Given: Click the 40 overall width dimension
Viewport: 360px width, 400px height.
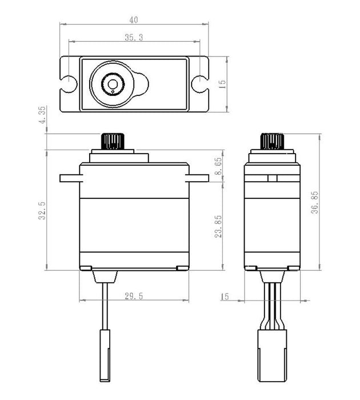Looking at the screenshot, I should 134,20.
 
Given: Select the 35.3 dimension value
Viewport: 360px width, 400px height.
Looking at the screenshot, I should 134,37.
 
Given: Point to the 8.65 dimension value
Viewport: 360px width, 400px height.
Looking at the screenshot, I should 219,166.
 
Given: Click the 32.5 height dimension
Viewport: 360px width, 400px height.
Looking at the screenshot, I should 42,209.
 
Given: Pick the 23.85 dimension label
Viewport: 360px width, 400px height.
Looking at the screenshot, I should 219,226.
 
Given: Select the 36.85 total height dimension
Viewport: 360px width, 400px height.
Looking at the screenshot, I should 315,202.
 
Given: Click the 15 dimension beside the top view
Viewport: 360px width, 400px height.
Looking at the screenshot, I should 222,83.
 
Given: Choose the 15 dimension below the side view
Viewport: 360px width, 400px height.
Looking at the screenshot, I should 224,297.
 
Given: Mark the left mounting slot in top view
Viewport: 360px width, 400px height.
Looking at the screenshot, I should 67,83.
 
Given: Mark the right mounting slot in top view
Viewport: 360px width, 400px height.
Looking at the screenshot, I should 201,83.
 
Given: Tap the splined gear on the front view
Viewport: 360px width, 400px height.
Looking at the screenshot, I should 111,141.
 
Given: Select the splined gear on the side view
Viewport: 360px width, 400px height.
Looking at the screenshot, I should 272,141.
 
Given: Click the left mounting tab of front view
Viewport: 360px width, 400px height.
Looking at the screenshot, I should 70,178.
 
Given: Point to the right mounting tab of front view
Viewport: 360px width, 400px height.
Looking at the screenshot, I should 198,178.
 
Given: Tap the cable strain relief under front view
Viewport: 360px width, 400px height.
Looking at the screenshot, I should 105,277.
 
